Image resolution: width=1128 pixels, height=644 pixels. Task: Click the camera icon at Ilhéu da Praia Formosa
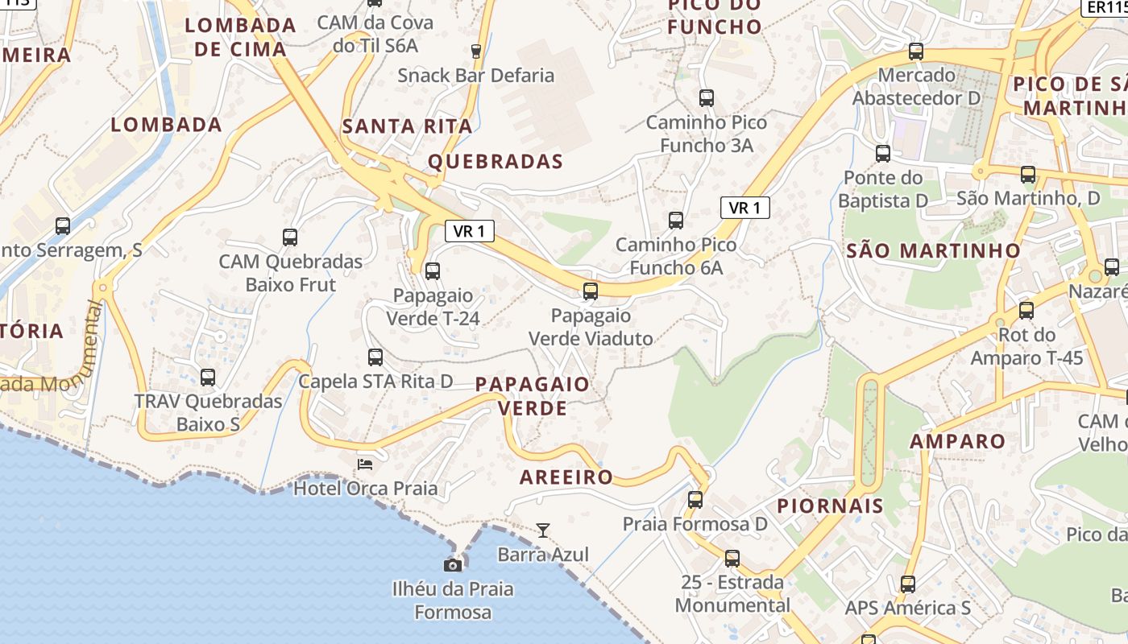(x=453, y=565)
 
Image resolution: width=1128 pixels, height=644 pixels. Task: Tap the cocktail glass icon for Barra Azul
(x=543, y=530)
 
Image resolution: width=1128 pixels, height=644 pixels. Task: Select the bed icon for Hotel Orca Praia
(x=365, y=464)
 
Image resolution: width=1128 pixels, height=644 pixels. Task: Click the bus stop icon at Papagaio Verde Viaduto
(x=591, y=291)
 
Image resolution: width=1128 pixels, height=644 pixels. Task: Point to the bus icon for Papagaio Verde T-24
(x=433, y=271)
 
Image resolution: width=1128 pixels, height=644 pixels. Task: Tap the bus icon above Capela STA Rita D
(x=375, y=357)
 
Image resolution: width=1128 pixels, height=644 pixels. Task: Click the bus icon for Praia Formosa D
(x=695, y=500)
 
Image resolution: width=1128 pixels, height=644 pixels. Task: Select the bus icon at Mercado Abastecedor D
(x=916, y=52)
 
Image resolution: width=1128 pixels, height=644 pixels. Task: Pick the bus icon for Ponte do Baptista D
(x=883, y=154)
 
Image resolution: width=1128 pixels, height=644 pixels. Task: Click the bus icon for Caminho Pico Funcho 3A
(x=707, y=98)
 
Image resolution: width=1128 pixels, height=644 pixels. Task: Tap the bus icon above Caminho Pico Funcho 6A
(x=676, y=220)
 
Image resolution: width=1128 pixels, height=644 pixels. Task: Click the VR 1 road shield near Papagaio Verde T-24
(x=470, y=232)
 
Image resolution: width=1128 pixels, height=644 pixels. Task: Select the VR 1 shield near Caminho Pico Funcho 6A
(x=744, y=208)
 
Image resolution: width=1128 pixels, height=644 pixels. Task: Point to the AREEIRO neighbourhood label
(x=566, y=477)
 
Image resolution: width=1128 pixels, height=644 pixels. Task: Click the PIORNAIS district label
(x=831, y=506)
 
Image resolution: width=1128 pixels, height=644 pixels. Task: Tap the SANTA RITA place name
(x=407, y=126)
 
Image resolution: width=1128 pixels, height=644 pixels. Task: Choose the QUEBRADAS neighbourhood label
(x=496, y=162)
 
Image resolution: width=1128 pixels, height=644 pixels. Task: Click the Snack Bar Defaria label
(x=476, y=76)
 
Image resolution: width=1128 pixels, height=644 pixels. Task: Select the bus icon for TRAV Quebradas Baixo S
(x=208, y=377)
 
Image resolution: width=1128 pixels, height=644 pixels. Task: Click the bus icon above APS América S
(x=908, y=584)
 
